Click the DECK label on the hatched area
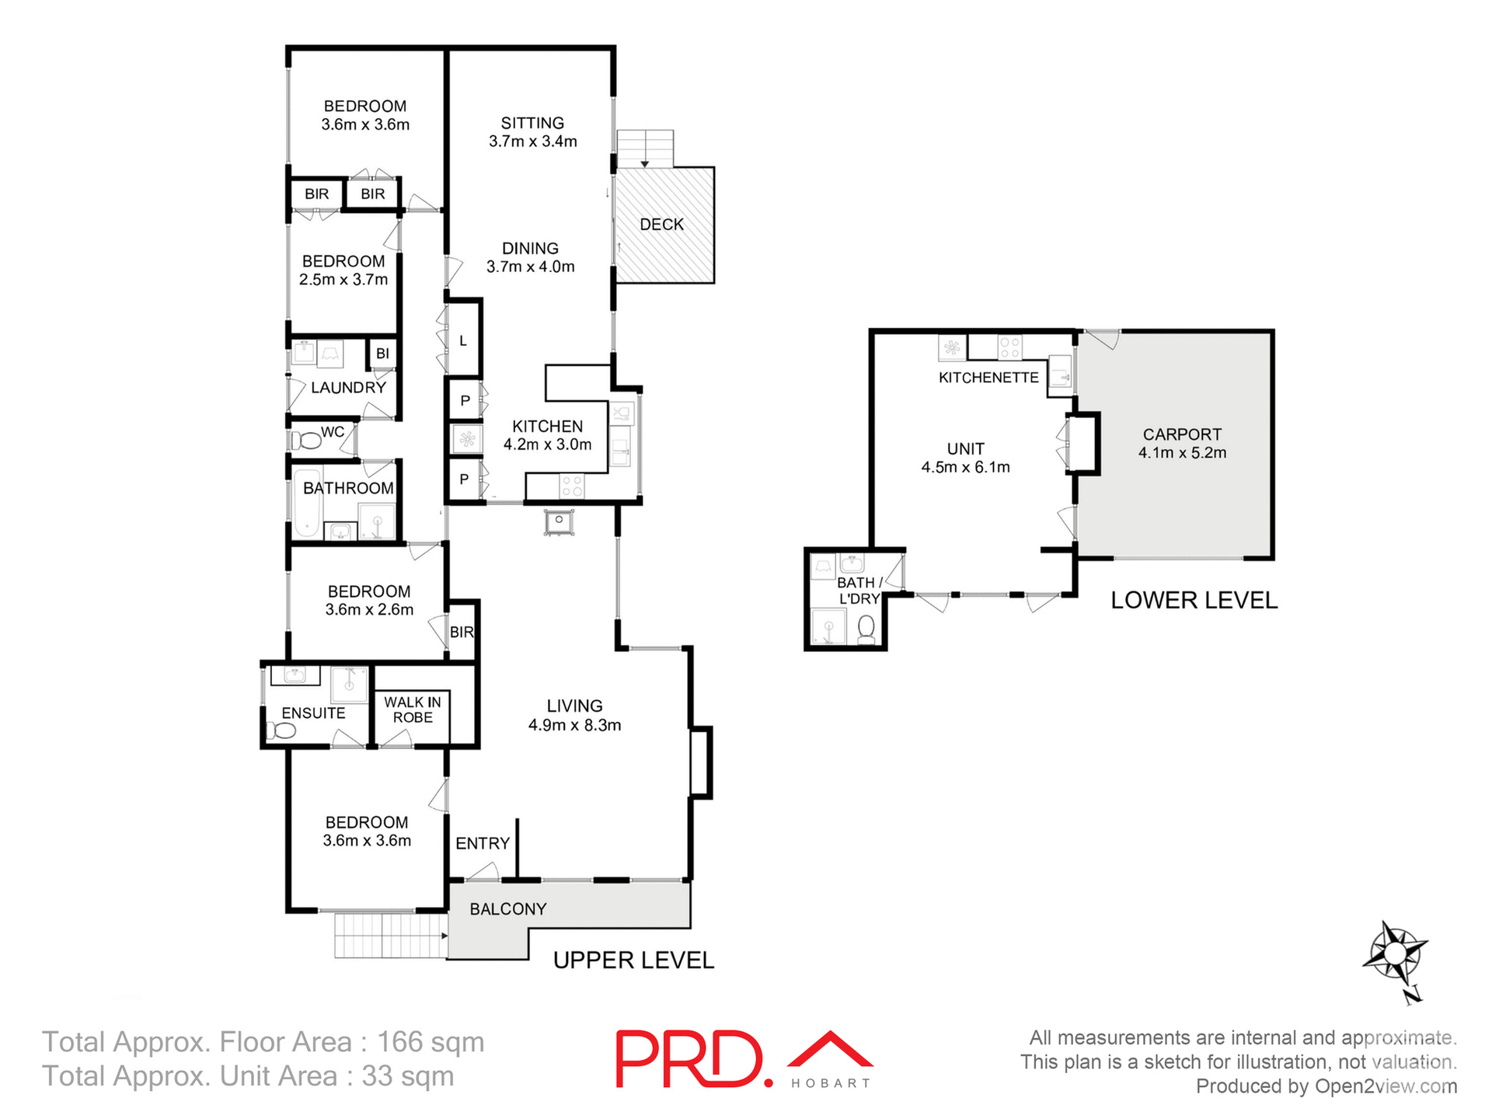click(x=661, y=225)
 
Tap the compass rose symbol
click(x=1395, y=952)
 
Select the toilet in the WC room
click(x=307, y=441)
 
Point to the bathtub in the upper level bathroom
click(x=308, y=502)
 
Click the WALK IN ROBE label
click(x=412, y=709)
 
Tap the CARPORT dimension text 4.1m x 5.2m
click(x=1182, y=453)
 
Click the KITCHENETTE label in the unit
click(x=988, y=378)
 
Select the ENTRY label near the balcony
click(x=483, y=843)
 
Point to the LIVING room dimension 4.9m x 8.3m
click(x=574, y=726)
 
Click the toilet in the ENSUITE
click(x=281, y=730)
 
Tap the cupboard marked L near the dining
click(x=463, y=340)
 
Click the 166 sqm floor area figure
click(x=431, y=1042)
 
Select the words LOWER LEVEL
click(x=1194, y=600)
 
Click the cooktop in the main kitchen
click(x=572, y=486)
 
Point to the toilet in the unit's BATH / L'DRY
click(x=866, y=628)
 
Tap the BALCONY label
click(x=508, y=909)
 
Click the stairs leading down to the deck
click(x=644, y=148)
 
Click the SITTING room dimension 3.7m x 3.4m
click(x=532, y=141)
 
